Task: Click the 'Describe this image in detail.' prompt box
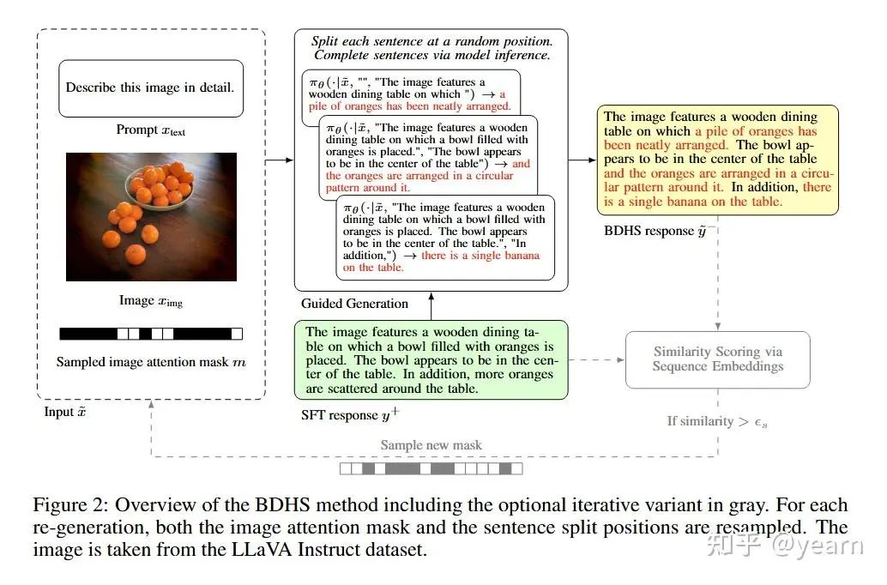[150, 88]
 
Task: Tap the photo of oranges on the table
[151, 216]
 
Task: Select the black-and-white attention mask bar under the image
[151, 334]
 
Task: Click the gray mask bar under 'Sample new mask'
[431, 468]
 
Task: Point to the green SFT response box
[431, 360]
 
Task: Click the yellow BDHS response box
[719, 160]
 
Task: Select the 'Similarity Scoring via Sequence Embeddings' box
[718, 359]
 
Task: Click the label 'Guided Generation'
[354, 304]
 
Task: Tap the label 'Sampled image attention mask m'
[151, 362]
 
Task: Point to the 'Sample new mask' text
[431, 446]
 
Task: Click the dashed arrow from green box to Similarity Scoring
[596, 360]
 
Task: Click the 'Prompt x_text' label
[151, 130]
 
